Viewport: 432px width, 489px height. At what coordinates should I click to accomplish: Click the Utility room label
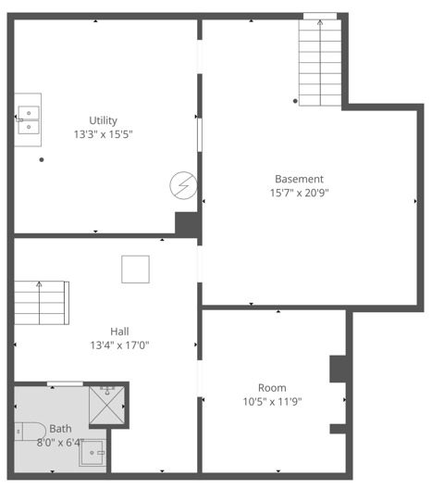103,120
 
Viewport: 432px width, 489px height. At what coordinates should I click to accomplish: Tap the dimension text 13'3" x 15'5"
103,134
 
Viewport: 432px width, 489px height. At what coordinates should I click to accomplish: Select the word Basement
299,179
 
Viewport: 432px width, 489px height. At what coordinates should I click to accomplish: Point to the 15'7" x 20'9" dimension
299,193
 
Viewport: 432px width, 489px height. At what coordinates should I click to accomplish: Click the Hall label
119,332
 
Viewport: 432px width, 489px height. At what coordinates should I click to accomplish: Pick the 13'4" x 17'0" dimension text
119,345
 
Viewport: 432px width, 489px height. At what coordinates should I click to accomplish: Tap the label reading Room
272,387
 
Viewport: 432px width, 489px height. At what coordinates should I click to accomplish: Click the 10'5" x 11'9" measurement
272,401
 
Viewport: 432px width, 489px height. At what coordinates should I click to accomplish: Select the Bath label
60,429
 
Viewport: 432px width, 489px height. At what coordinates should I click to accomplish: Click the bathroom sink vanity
93,453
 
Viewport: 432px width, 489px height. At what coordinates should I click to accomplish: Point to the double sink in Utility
28,120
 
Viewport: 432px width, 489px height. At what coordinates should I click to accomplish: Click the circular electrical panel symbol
182,186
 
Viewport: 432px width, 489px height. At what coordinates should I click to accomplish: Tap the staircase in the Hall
42,303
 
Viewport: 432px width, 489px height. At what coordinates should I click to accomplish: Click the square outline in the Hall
135,269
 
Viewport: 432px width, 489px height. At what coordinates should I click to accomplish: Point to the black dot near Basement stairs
295,100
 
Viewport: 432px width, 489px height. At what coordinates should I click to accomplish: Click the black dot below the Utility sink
42,159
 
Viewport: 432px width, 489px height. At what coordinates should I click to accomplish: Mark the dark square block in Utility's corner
187,224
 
